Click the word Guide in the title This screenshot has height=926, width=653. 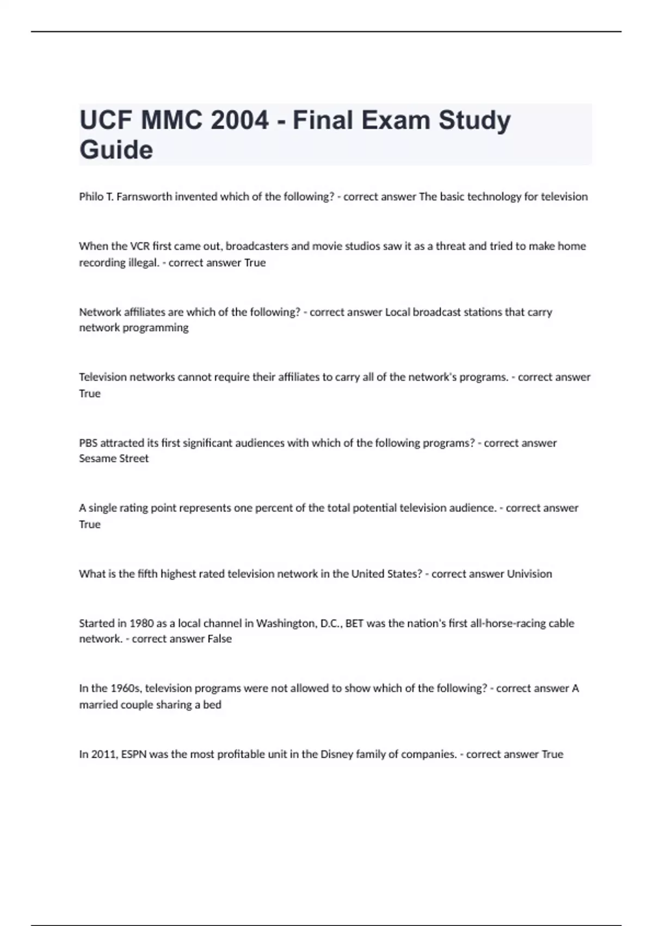click(116, 150)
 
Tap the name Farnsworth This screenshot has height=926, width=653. click(144, 197)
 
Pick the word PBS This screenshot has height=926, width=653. click(88, 443)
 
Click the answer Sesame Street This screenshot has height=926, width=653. click(113, 459)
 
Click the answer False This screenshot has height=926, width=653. click(219, 639)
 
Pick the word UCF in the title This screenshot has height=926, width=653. click(107, 120)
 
